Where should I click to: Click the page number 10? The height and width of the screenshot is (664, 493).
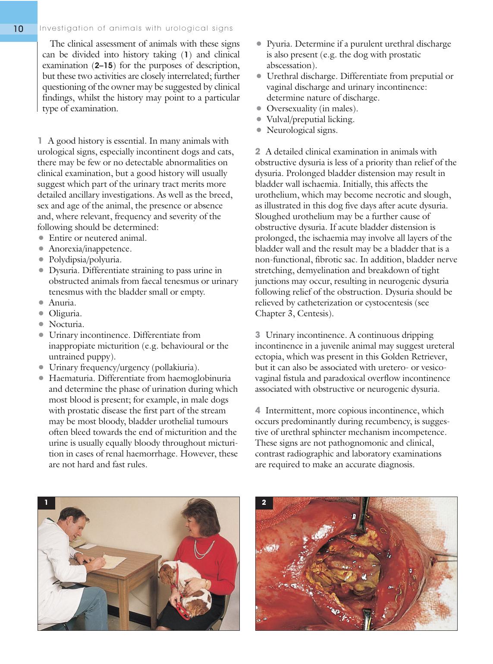(18, 28)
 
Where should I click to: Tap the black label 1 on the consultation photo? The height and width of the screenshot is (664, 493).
(46, 502)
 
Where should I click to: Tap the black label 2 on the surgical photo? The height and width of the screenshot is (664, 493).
(264, 502)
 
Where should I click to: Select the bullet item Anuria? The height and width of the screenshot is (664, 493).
(62, 303)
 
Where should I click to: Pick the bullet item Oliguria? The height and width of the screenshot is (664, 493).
(65, 313)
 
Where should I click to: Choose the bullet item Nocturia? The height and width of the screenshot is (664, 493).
(66, 324)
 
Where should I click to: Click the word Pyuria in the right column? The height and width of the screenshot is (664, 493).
(279, 44)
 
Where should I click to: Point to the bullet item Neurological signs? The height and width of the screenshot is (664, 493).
(302, 130)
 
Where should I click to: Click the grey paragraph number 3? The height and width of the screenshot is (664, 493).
(257, 335)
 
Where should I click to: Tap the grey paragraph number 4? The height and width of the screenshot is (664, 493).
(258, 410)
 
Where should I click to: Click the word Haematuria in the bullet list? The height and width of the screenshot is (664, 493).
(72, 378)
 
